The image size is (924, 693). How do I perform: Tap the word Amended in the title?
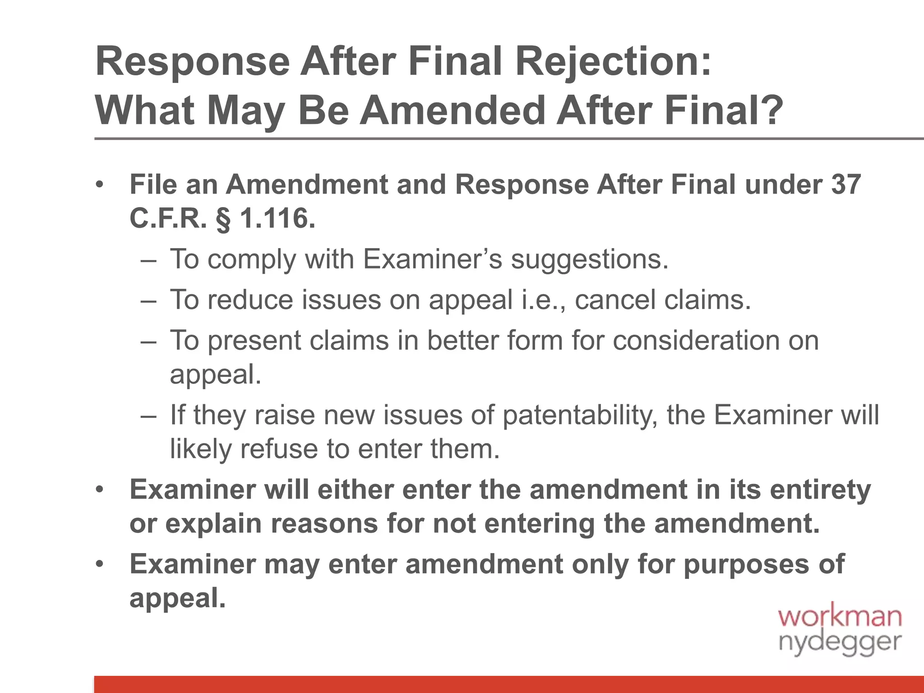tap(452, 111)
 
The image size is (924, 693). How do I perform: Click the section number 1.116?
tap(277, 218)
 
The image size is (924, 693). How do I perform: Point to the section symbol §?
tap(223, 219)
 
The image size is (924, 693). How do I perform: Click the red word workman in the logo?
tap(840, 616)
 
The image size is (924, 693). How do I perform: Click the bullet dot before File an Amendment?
tap(100, 185)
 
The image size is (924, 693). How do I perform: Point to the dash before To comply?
tap(148, 260)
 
